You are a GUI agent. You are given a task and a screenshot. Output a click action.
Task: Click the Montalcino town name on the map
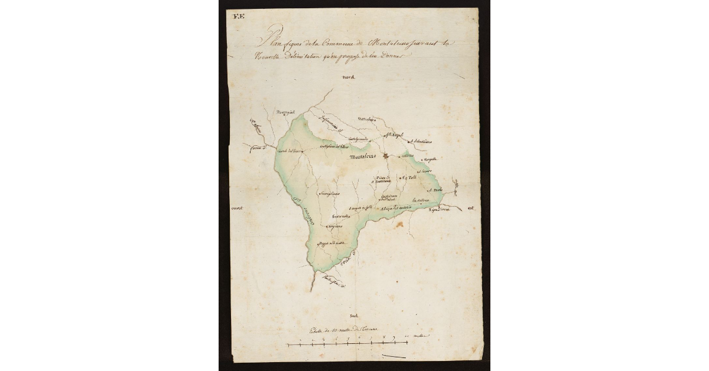pyautogui.click(x=366, y=157)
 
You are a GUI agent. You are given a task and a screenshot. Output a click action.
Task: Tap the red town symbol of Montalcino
pyautogui.click(x=386, y=156)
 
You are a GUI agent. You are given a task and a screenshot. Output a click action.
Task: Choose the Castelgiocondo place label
pyautogui.click(x=359, y=139)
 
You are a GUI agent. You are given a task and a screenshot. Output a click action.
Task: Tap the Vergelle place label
pyautogui.click(x=429, y=160)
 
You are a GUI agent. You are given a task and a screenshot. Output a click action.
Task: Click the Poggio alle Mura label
pyautogui.click(x=331, y=245)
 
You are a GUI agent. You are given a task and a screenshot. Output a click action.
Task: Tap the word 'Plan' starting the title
pyautogui.click(x=267, y=43)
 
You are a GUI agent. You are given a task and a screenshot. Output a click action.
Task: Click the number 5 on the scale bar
pyautogui.click(x=349, y=340)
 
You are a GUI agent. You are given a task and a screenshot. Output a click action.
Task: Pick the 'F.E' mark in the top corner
pyautogui.click(x=239, y=16)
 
